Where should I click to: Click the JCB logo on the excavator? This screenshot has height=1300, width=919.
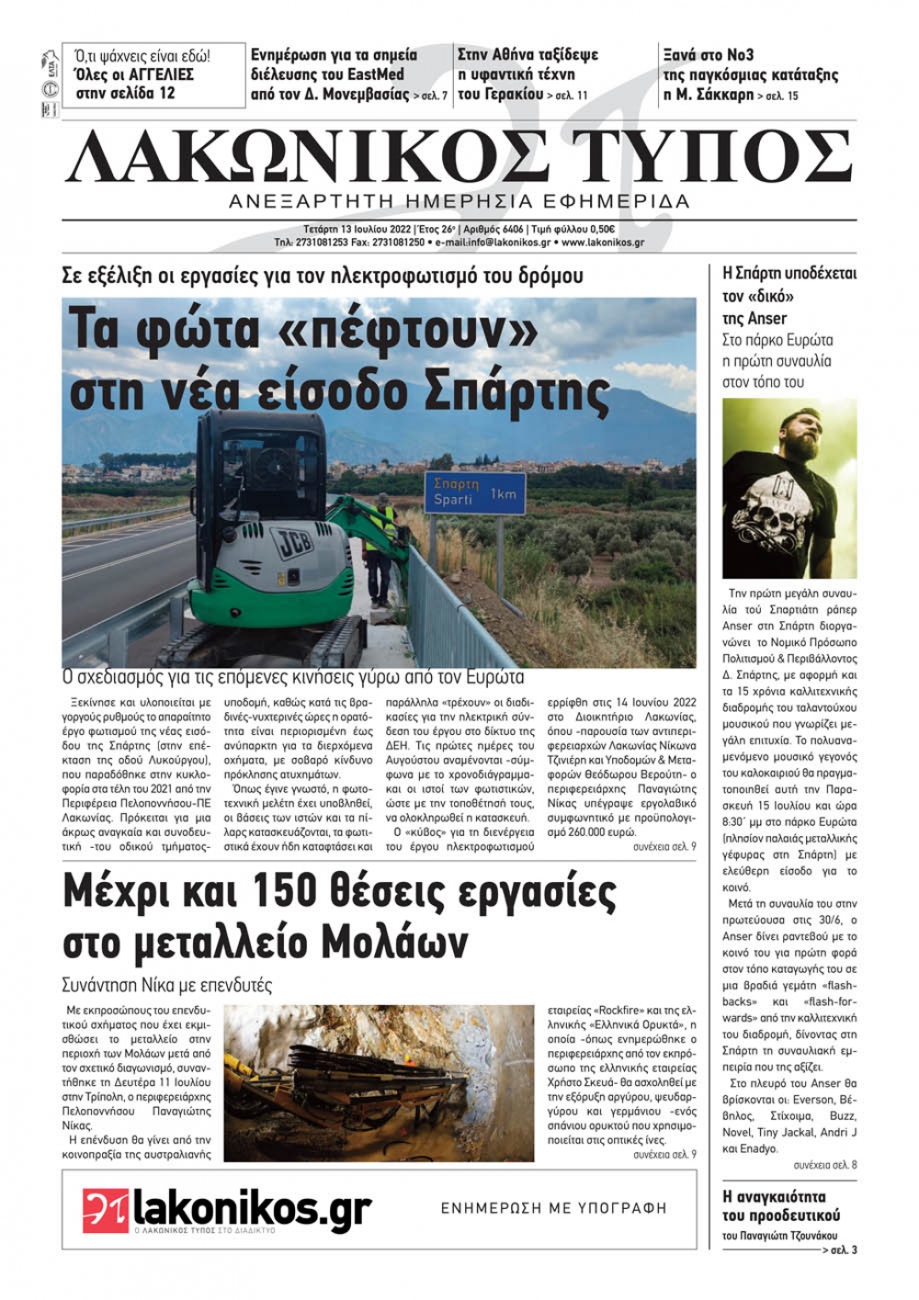pos(292,544)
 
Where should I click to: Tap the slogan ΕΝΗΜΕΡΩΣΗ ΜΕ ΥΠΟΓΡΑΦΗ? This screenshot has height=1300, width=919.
pos(553,1208)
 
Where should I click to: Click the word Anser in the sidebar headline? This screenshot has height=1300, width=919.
pos(768,318)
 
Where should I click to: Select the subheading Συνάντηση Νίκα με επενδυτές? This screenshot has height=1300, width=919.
pos(167,985)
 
